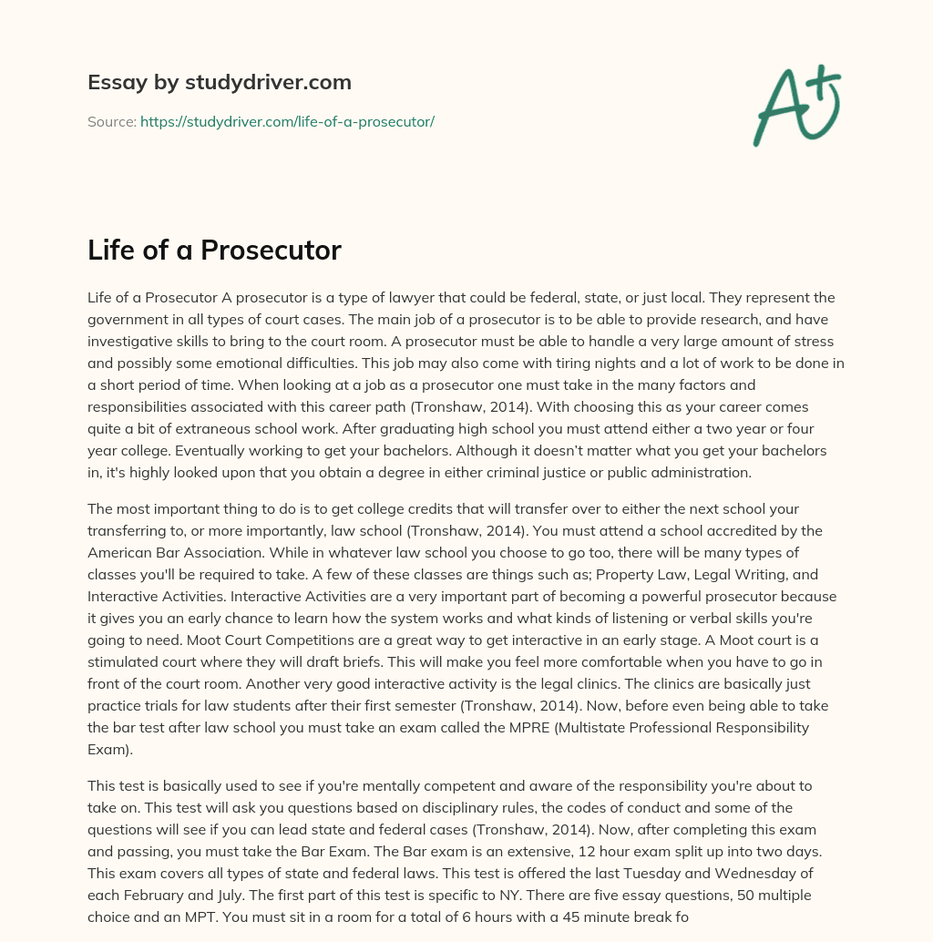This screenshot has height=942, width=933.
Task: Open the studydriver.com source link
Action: point(287,121)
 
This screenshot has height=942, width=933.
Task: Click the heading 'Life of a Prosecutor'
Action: point(214,251)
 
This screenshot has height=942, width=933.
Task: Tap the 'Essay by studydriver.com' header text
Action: point(220,82)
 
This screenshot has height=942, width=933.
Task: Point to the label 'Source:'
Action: point(111,121)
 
